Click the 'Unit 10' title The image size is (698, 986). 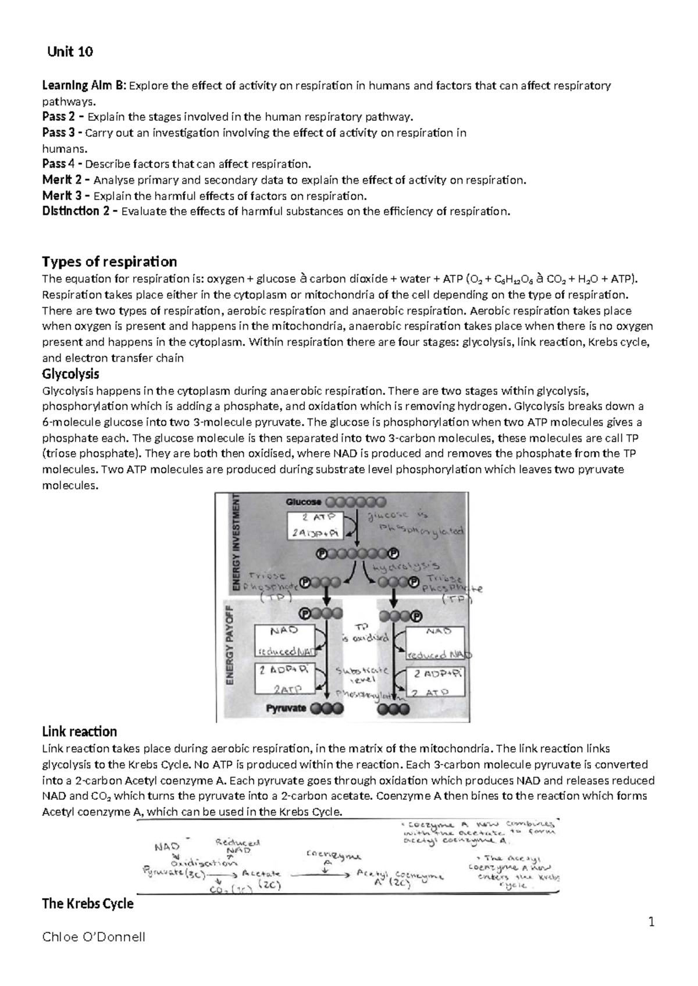click(70, 52)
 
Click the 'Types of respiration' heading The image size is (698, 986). click(109, 261)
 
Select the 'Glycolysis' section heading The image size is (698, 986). click(70, 373)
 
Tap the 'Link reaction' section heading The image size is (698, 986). click(80, 731)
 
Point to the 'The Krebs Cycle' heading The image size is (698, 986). click(88, 903)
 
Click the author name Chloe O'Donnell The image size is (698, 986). click(94, 937)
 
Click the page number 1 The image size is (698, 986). click(652, 921)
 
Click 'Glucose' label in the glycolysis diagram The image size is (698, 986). click(302, 502)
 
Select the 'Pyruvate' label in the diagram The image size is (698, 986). click(286, 708)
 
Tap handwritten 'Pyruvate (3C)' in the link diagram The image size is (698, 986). click(172, 872)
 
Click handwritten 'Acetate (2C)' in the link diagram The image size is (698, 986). click(262, 879)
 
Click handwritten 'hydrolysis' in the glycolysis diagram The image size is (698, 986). click(405, 566)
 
